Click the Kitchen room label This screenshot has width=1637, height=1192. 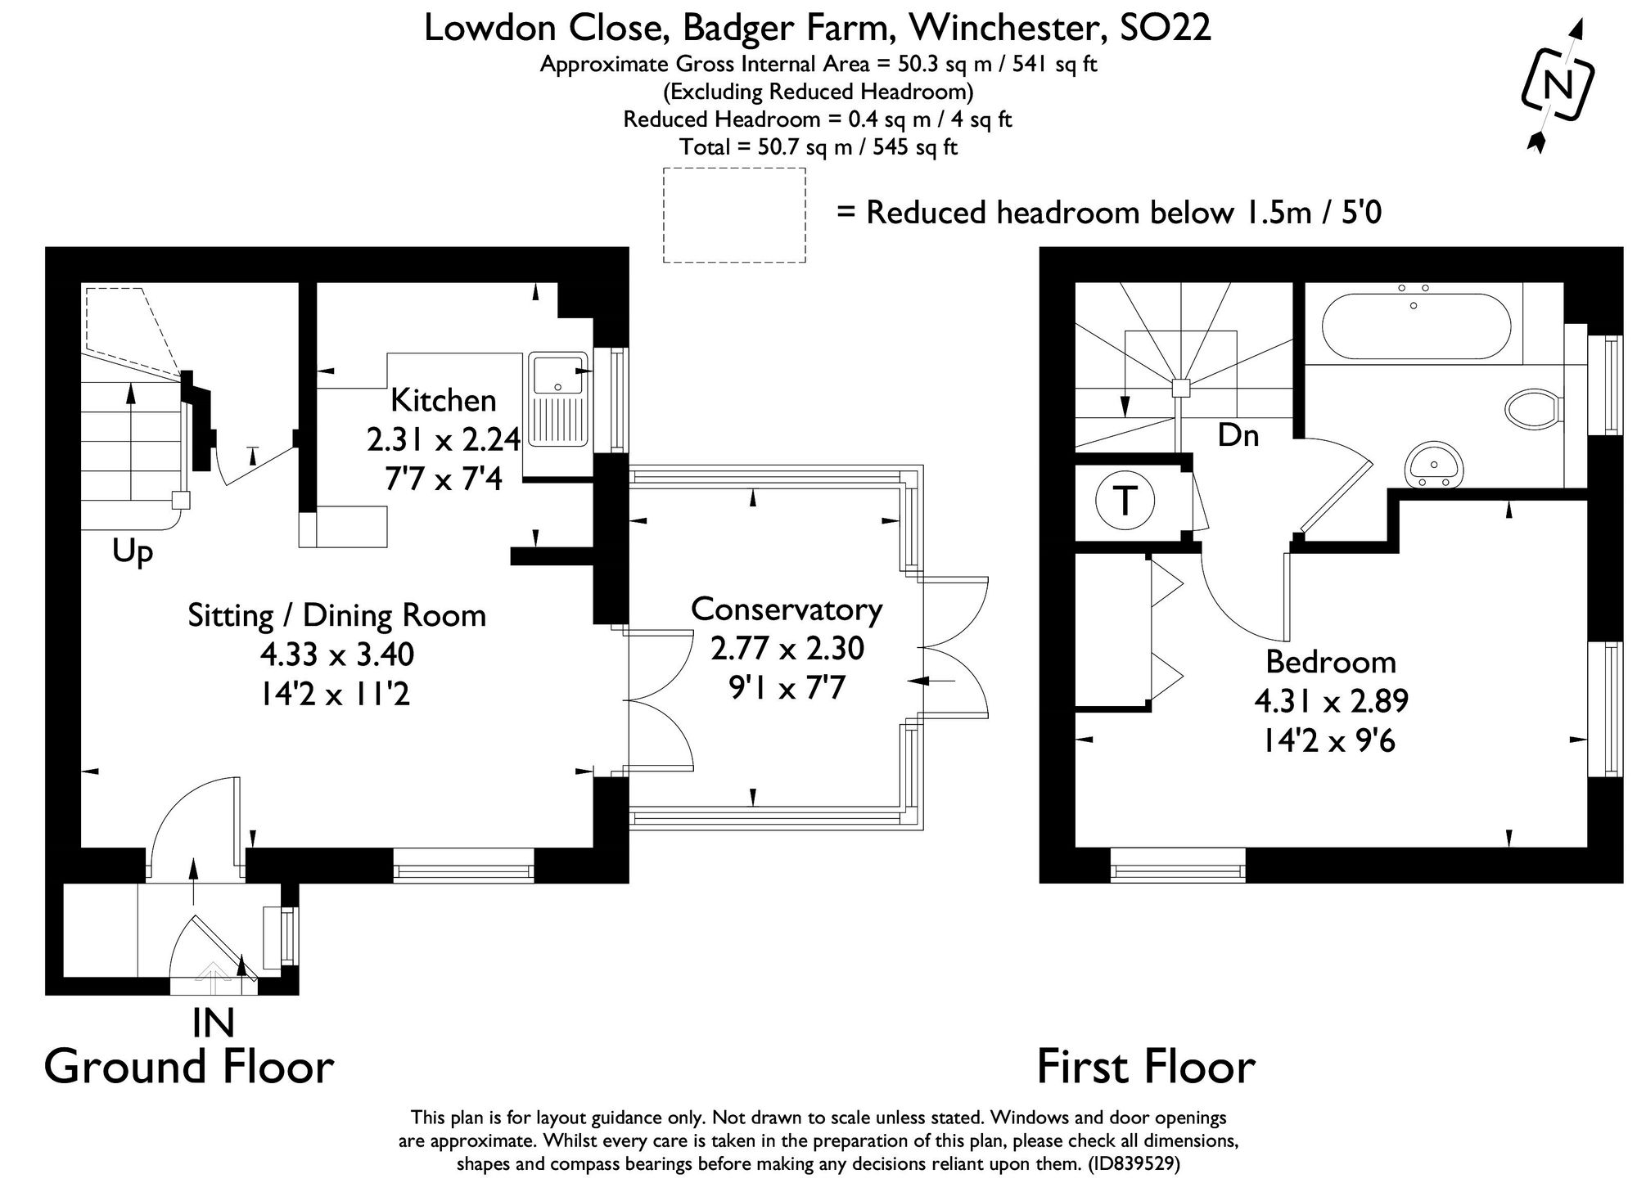[x=443, y=401]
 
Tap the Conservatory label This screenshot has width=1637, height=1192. [x=787, y=609]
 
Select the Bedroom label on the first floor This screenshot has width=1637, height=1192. [x=1331, y=662]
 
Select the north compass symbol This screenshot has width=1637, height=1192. [x=1557, y=86]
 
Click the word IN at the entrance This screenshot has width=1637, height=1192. [x=213, y=1023]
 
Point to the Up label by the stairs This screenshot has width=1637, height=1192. [x=133, y=552]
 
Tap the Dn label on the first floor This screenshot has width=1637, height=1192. [x=1238, y=435]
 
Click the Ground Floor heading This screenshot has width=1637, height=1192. [x=189, y=1067]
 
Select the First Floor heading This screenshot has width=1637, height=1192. [x=1146, y=1067]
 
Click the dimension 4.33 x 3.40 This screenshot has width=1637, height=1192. [x=337, y=654]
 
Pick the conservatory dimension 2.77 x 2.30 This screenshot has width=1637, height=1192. [x=787, y=649]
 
